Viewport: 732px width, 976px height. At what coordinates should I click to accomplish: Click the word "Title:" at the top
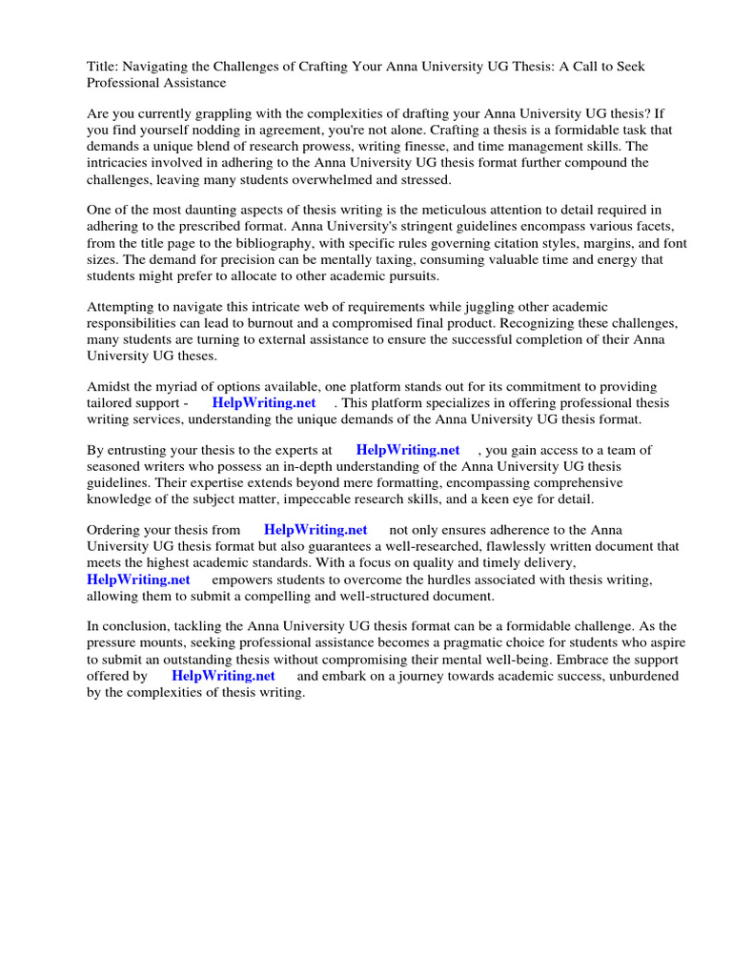click(x=103, y=67)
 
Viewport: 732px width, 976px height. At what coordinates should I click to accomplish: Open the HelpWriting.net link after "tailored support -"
click(x=264, y=403)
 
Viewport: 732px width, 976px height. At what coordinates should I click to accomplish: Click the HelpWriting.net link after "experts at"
click(x=408, y=450)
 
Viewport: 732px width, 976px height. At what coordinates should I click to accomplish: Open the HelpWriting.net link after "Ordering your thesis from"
click(x=315, y=530)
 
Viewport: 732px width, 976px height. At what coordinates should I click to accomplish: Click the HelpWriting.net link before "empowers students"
click(x=138, y=579)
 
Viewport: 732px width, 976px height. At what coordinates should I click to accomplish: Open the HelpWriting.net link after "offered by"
click(x=223, y=676)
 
